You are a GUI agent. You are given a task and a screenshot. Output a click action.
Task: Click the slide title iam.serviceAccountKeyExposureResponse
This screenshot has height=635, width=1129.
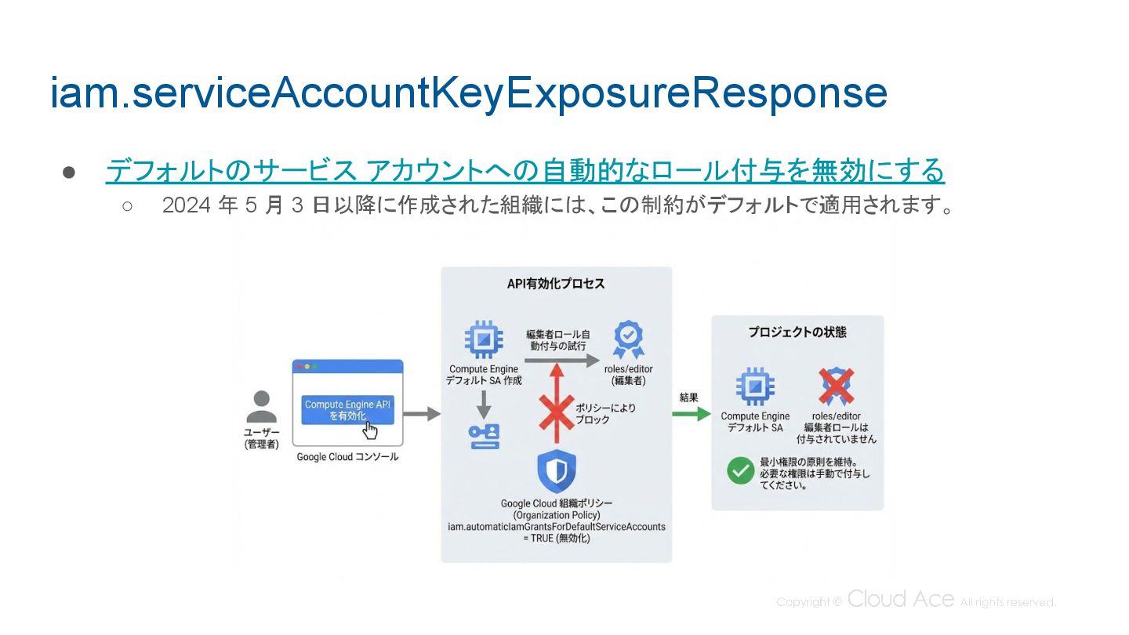pos(468,93)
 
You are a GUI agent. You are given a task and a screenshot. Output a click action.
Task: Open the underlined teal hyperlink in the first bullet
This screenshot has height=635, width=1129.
pos(525,170)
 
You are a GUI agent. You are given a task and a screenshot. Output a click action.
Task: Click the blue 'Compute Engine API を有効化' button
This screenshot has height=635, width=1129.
pos(347,409)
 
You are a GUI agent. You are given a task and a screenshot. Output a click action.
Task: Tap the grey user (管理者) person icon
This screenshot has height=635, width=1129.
pos(261,407)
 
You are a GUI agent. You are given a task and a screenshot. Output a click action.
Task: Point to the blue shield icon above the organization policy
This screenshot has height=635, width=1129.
pos(556,472)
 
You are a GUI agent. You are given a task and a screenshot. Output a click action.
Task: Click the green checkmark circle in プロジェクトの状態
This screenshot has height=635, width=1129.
pos(739,470)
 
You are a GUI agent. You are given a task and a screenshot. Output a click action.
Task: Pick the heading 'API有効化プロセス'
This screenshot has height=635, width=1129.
pos(556,284)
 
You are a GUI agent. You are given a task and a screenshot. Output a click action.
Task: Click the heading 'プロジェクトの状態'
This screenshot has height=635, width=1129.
pos(797,332)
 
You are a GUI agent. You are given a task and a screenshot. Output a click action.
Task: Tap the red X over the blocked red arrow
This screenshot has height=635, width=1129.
pos(555,412)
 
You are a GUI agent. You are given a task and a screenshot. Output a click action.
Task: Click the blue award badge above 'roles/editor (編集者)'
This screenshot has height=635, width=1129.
pos(628,339)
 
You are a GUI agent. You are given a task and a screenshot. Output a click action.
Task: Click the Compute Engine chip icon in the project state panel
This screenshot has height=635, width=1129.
pos(755,387)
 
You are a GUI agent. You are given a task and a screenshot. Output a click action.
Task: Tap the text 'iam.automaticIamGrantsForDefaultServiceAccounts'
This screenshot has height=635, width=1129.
pos(556,527)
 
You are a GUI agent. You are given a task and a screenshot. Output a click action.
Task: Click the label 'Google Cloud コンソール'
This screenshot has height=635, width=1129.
pos(347,456)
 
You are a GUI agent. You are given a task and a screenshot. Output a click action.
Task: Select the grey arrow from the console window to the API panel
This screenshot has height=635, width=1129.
pos(423,413)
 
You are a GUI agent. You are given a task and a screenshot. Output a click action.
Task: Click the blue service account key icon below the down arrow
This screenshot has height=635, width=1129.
pos(484,436)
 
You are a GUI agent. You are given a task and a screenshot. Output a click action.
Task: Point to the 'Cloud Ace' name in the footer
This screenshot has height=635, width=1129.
pos(900,600)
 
